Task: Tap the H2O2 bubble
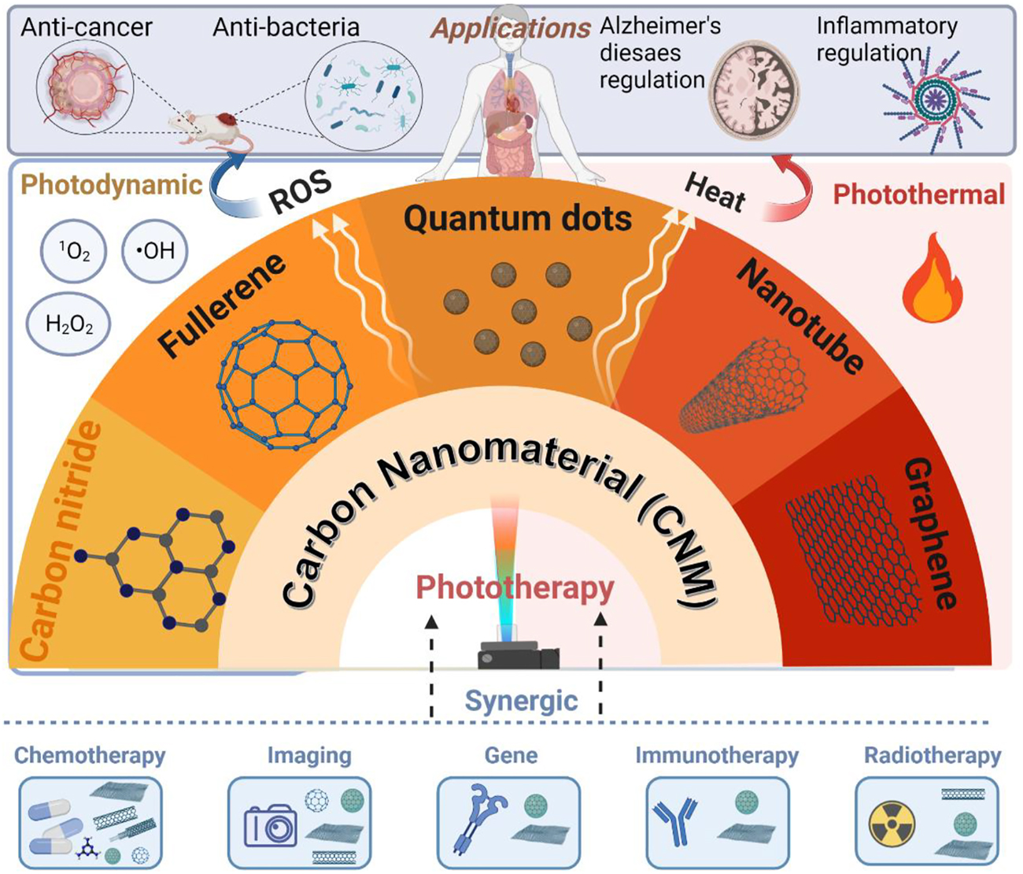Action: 69,324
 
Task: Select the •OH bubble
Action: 155,251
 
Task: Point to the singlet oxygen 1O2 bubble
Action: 73,252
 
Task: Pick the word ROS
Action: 300,191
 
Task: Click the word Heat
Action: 715,191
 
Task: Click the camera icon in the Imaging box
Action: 270,826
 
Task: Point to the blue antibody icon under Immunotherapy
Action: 675,821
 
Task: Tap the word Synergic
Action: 521,700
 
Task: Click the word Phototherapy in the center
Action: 515,587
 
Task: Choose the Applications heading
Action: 511,28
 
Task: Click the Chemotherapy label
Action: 90,755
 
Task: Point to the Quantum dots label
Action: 518,218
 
